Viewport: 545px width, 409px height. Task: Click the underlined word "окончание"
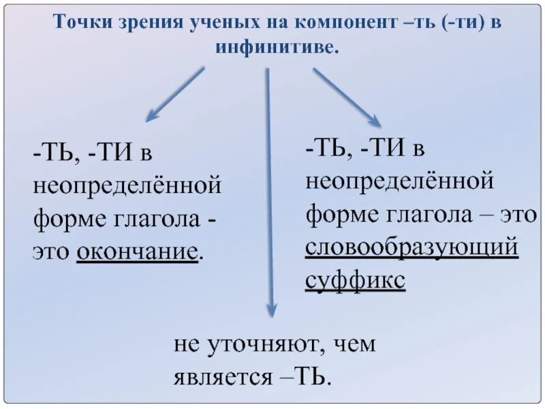[139, 253]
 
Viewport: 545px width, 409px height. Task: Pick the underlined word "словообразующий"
[412, 248]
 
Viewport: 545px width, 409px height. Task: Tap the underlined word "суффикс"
[355, 280]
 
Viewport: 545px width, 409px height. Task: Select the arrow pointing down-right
[346, 95]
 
